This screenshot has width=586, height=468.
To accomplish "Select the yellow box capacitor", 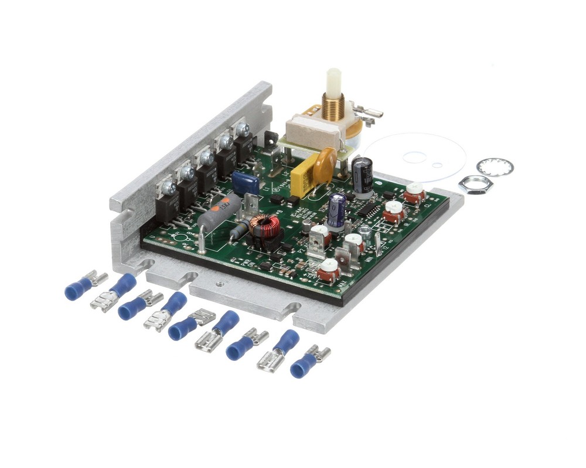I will [x=305, y=178].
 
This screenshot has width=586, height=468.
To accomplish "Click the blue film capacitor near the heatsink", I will [x=246, y=183].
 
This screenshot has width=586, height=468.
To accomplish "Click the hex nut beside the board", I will [x=475, y=185].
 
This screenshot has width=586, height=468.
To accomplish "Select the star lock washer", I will [x=495, y=167].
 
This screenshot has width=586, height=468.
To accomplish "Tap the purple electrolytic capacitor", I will [x=336, y=210].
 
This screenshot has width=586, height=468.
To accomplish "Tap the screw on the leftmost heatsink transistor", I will [x=166, y=187].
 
